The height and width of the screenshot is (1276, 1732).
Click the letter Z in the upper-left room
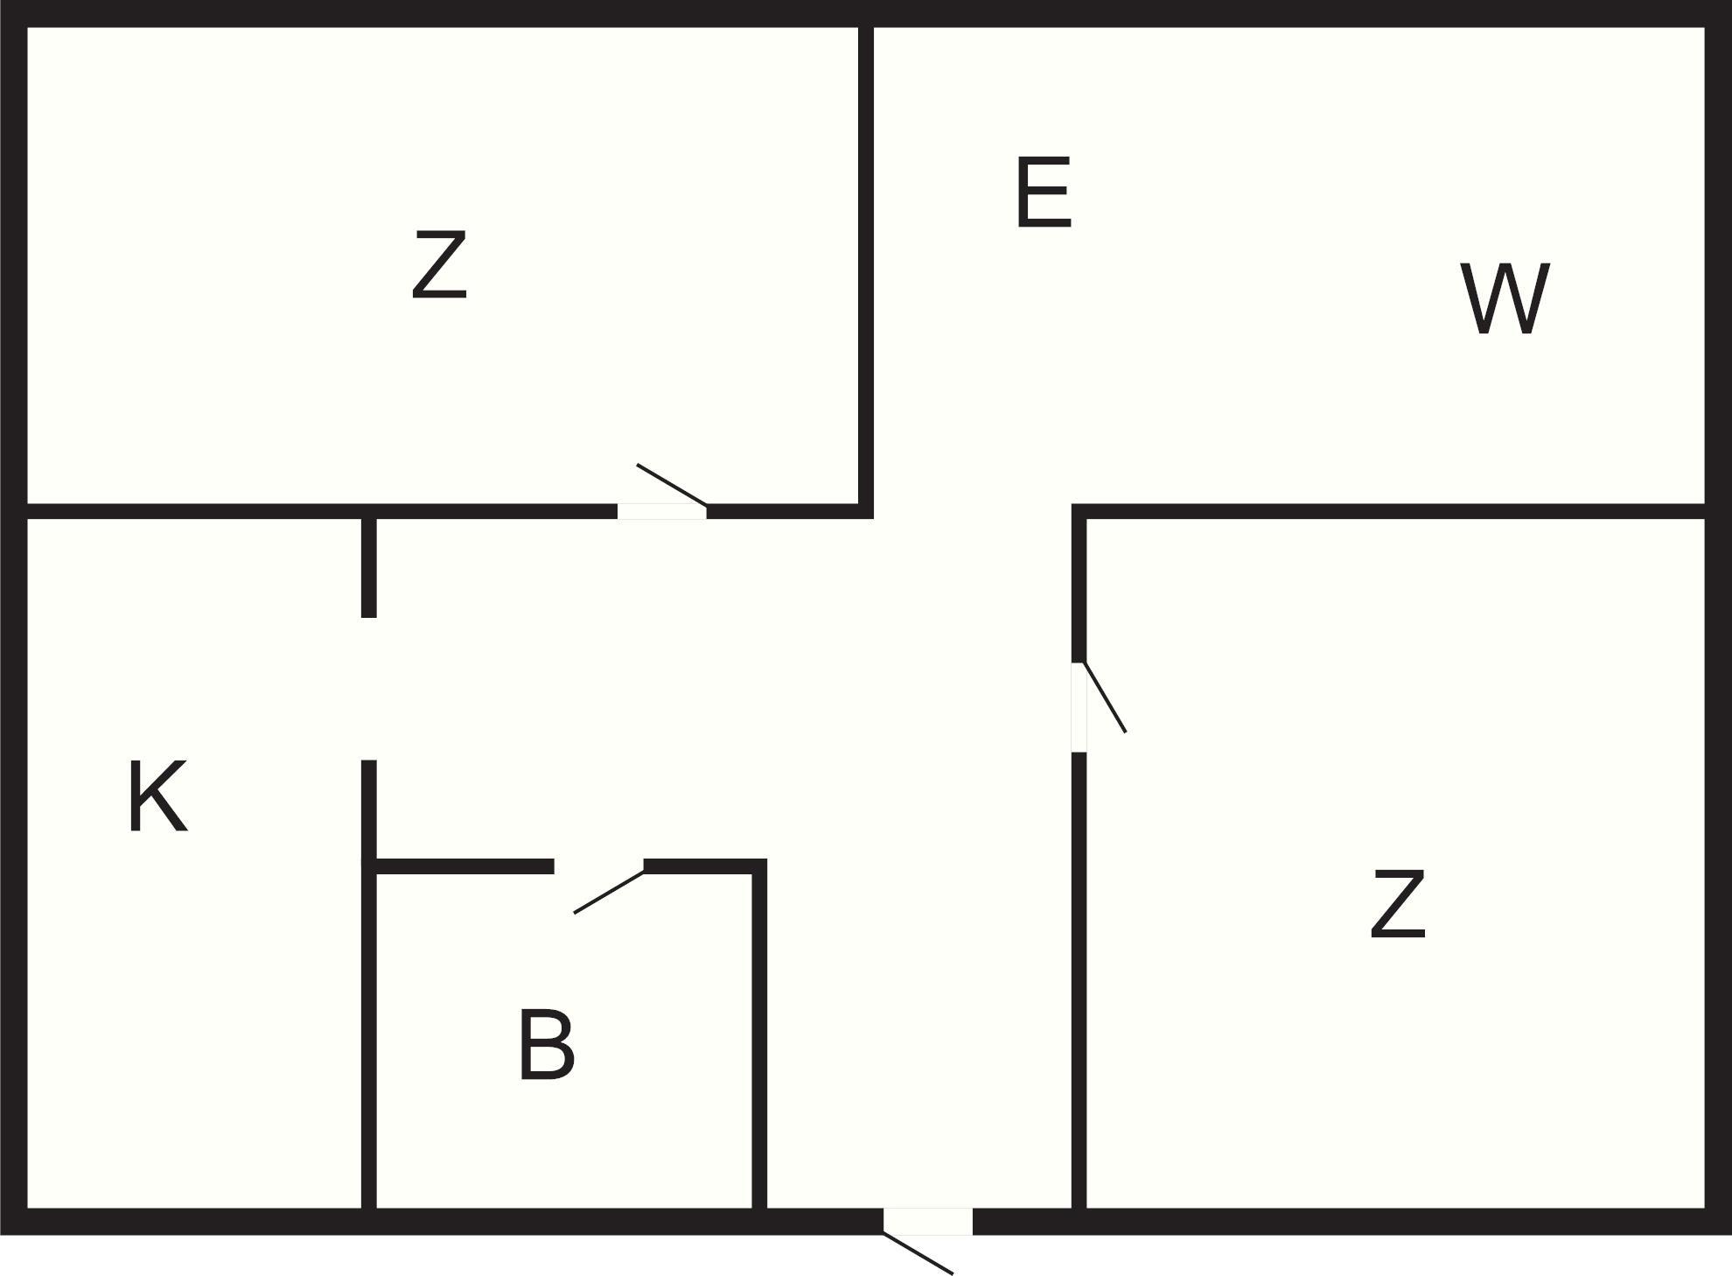click(439, 265)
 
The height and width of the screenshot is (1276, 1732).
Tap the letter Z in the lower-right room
click(1398, 904)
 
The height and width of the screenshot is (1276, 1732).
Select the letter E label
click(1044, 193)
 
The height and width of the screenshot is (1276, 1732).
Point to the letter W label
click(1505, 298)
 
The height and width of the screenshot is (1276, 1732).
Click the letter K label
click(157, 796)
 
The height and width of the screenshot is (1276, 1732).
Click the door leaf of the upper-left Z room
click(672, 485)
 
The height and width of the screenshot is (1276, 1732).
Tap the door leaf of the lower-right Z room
click(1105, 698)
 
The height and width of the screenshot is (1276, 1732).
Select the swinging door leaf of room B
click(610, 892)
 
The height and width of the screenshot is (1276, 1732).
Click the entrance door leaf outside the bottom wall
click(918, 1253)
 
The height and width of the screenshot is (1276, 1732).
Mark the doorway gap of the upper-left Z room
click(662, 511)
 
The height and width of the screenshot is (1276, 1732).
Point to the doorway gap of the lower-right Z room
click(1079, 707)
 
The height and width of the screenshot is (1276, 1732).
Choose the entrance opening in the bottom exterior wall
click(928, 1222)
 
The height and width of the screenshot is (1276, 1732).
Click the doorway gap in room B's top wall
click(599, 866)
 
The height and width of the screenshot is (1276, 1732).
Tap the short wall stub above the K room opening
click(369, 568)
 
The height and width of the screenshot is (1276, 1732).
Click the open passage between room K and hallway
click(369, 689)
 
